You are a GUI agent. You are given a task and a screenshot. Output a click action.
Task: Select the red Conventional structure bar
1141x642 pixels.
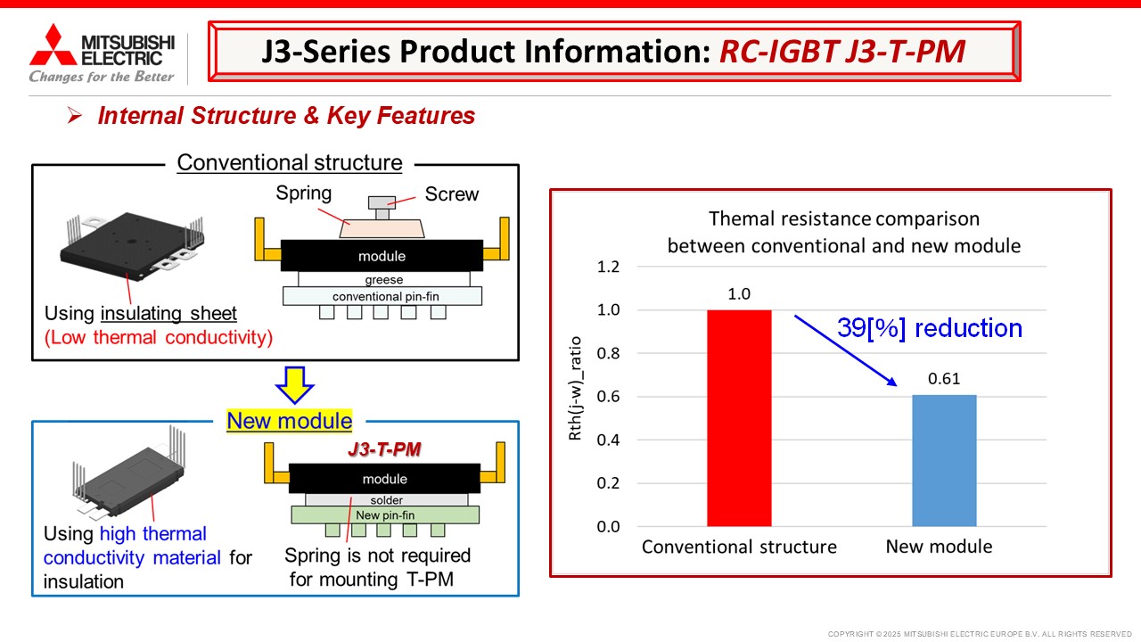tap(739, 418)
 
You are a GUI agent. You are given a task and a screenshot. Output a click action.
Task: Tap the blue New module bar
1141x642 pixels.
tap(944, 461)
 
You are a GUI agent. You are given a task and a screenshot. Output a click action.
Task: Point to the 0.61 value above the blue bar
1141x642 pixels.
tap(944, 379)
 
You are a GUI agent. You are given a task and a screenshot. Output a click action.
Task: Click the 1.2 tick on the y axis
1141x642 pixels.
tap(608, 267)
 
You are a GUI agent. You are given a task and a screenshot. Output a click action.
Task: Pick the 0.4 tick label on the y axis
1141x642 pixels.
tap(608, 440)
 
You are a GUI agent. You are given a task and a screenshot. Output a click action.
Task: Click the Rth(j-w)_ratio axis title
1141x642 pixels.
tap(575, 388)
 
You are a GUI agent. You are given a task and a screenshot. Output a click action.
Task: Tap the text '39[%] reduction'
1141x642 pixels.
tap(930, 327)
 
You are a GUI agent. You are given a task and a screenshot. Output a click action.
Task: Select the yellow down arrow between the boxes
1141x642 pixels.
tap(294, 384)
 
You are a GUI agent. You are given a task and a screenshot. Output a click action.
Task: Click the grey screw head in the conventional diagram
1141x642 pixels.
tap(382, 202)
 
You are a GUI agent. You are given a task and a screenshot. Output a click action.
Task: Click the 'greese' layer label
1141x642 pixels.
tap(384, 280)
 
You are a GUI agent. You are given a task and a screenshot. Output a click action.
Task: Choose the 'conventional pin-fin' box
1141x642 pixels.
tap(382, 296)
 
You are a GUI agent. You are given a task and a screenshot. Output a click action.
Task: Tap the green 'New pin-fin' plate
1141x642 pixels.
tap(385, 515)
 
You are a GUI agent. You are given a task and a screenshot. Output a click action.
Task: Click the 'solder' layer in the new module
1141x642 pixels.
tap(387, 500)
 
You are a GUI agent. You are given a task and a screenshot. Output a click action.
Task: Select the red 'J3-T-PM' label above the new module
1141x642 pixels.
tap(384, 449)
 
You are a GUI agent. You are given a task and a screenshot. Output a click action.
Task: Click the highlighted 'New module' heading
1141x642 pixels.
tap(290, 421)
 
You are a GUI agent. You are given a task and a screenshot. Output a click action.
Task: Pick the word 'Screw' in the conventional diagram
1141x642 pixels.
tap(452, 194)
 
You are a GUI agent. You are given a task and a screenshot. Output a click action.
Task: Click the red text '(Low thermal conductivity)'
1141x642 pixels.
tap(159, 337)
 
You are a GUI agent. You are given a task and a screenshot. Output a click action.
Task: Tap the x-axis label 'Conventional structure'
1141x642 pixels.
tap(739, 547)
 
